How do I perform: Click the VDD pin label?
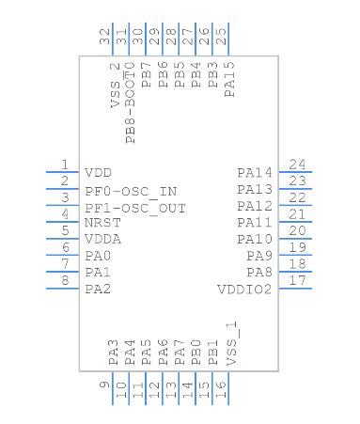pyautogui.click(x=98, y=173)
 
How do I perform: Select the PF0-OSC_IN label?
pyautogui.click(x=131, y=192)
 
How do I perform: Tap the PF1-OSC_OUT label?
pyautogui.click(x=135, y=209)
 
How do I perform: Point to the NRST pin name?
pyautogui.click(x=102, y=223)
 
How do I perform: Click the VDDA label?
pyautogui.click(x=102, y=240)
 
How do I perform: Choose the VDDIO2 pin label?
pyautogui.click(x=244, y=290)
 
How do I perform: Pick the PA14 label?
pyautogui.click(x=255, y=173)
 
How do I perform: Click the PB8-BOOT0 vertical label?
pyautogui.click(x=130, y=102)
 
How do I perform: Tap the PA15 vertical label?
pyautogui.click(x=229, y=79)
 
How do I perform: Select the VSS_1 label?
pyautogui.click(x=232, y=343)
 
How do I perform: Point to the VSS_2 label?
pyautogui.click(x=115, y=85)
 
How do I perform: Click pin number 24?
pyautogui.click(x=297, y=165)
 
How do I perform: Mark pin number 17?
pyautogui.click(x=297, y=280)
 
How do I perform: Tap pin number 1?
pyautogui.click(x=65, y=165)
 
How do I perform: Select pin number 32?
pyautogui.click(x=105, y=37)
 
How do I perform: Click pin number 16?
pyautogui.click(x=221, y=389)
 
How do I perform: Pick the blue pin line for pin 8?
pyautogui.click(x=62, y=289)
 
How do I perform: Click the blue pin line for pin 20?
pyautogui.click(x=295, y=239)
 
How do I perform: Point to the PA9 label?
pyautogui.click(x=259, y=256)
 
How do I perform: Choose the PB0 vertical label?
pyautogui.click(x=196, y=353)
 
